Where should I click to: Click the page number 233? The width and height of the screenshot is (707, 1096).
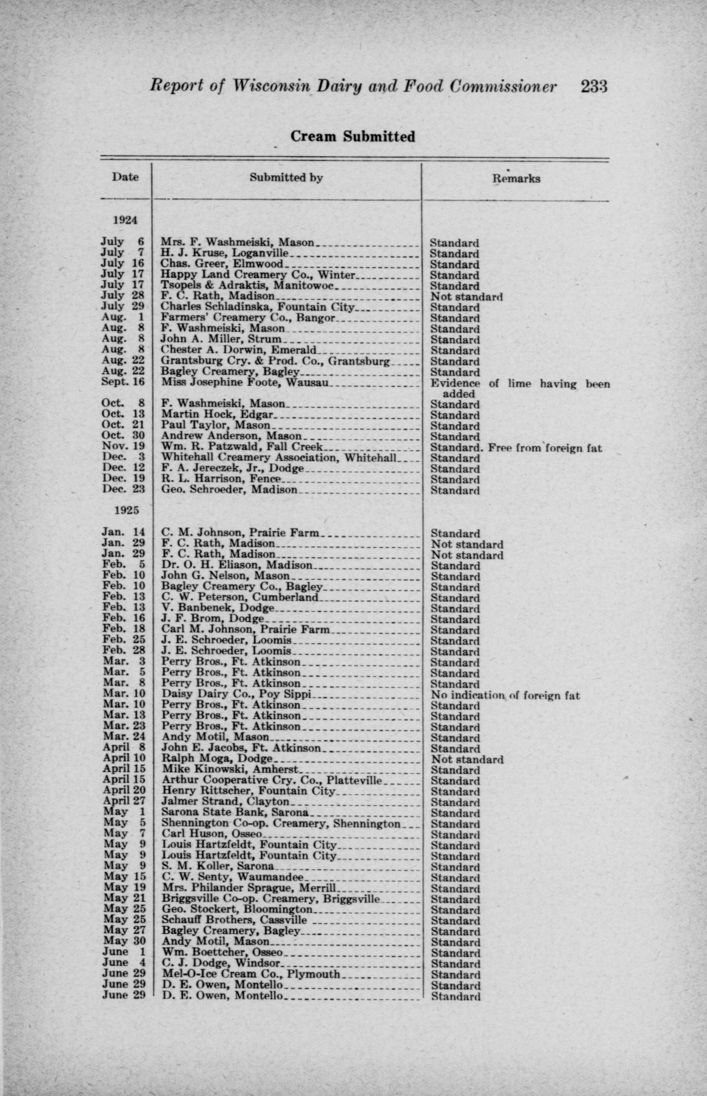593,87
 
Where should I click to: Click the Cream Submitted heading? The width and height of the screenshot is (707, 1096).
352,137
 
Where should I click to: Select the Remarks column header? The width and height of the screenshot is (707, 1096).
516,179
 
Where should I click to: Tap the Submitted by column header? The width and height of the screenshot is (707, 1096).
286,178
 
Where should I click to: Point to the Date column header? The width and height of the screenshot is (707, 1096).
125,177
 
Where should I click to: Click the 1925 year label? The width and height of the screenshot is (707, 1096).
125,510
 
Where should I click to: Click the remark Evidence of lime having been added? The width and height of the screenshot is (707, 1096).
519,388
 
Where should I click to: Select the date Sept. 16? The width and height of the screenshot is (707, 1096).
122,382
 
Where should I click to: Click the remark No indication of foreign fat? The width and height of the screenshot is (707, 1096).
505,696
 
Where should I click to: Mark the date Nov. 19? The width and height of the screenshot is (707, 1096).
123,448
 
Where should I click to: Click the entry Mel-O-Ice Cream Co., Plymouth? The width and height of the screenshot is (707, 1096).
251,975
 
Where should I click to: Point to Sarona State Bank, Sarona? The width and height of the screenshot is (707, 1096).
235,813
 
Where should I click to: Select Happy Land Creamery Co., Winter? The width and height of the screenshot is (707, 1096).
258,275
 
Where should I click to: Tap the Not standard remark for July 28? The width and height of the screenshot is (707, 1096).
466,297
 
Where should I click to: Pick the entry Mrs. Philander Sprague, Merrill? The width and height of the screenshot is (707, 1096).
248,888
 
